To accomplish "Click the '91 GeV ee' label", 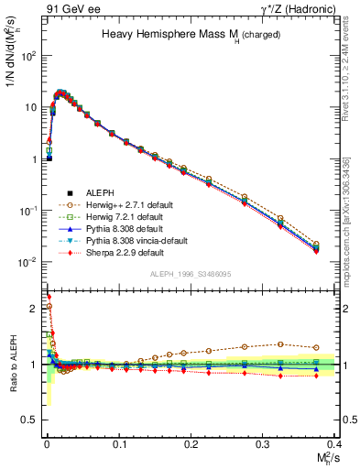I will (x=70, y=9).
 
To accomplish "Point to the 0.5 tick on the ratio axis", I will (x=35, y=420).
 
